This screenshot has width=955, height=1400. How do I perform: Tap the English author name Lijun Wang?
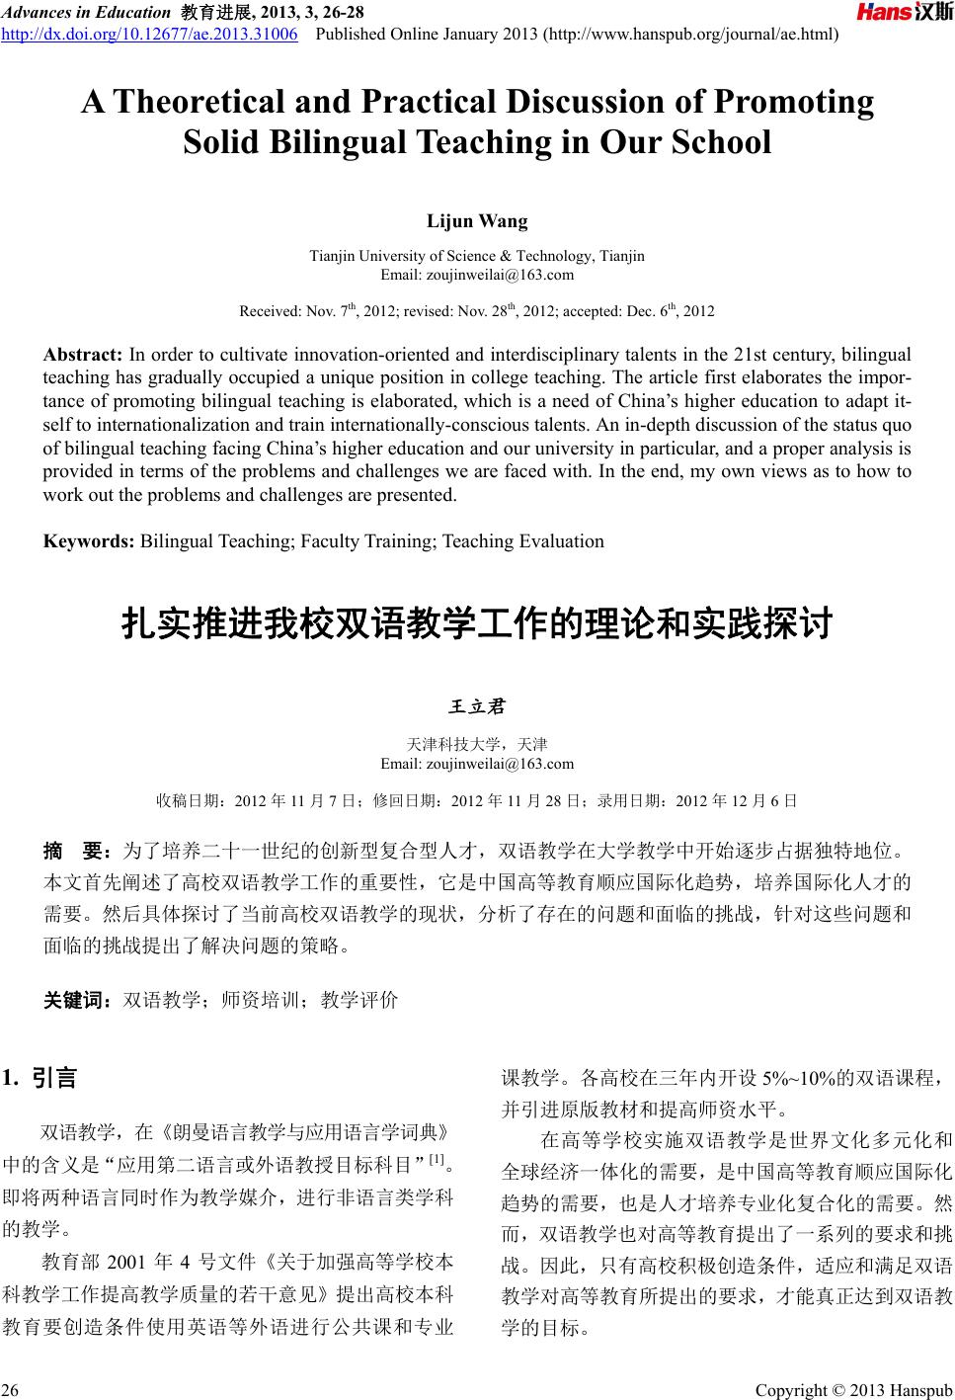click(x=477, y=220)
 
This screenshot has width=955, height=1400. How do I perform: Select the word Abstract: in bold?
click(x=83, y=355)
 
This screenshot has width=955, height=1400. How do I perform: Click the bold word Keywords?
click(x=89, y=540)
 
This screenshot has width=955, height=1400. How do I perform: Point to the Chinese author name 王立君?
click(x=477, y=707)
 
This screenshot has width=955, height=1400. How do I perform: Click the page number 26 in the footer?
click(x=11, y=1391)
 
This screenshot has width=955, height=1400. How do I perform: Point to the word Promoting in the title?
click(x=794, y=102)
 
